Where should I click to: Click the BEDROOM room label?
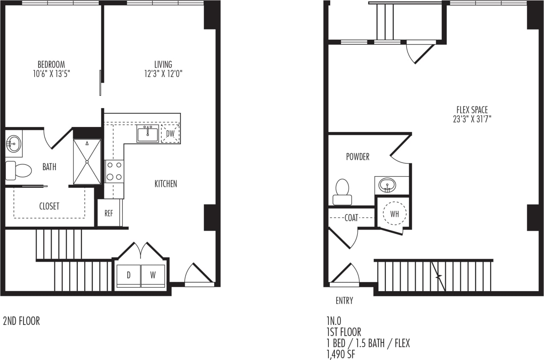[51, 65]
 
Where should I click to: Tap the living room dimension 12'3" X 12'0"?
[163, 74]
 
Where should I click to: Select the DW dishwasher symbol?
[170, 134]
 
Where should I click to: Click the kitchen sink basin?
[148, 134]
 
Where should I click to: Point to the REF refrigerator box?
[109, 213]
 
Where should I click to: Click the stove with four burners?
[114, 171]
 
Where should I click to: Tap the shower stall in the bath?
[87, 162]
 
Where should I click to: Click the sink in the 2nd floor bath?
[13, 143]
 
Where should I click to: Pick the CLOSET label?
[49, 206]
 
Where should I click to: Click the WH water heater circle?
[394, 214]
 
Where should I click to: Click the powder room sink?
[387, 185]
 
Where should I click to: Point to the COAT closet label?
[351, 218]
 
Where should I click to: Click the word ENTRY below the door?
[344, 301]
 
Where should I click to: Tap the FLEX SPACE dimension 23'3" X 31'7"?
[472, 119]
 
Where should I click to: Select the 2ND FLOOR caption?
[21, 321]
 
